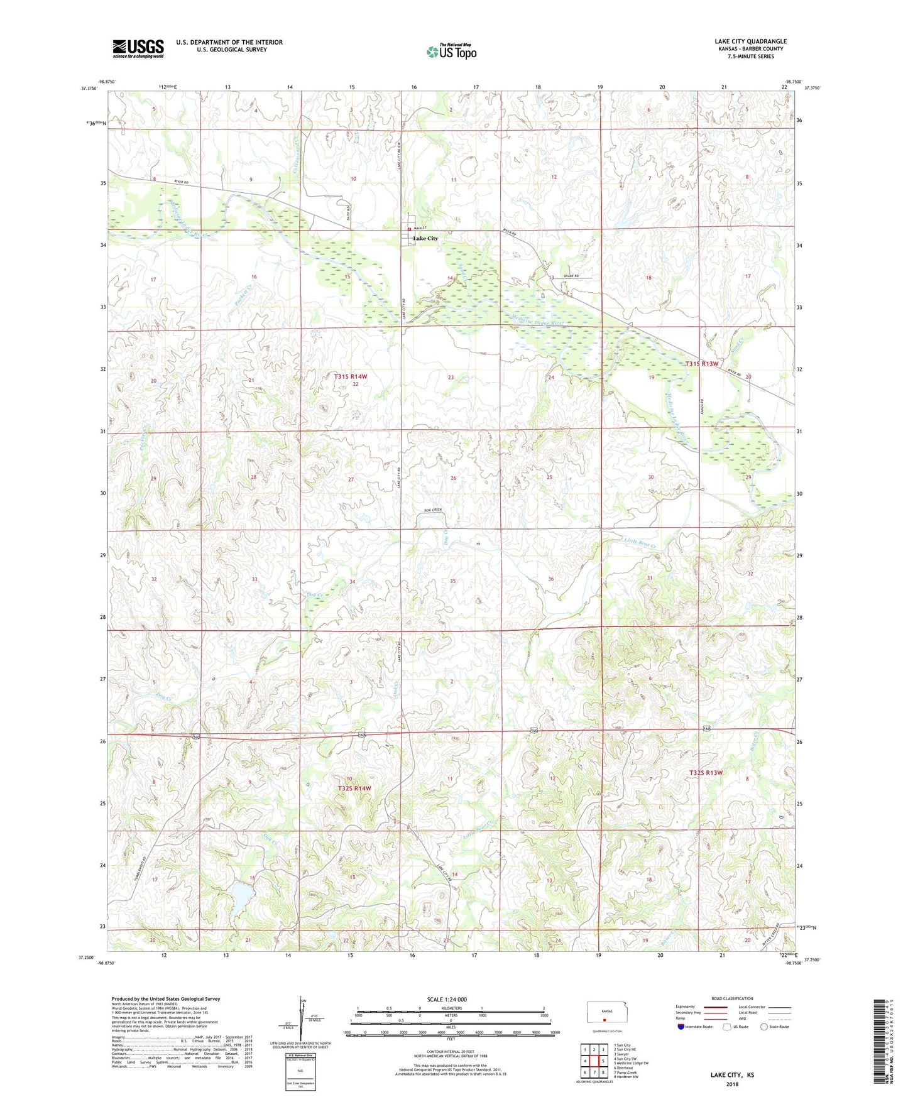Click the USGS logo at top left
click(x=138, y=48)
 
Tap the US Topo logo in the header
click(x=451, y=52)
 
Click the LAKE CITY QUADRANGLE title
click(x=750, y=41)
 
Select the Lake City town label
click(x=425, y=239)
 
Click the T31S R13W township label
click(x=701, y=364)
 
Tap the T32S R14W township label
click(x=354, y=788)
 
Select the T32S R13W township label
click(x=706, y=772)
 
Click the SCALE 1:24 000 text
click(x=447, y=999)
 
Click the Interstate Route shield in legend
click(x=681, y=1027)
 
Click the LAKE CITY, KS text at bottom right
click(x=732, y=1075)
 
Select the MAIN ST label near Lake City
click(x=420, y=228)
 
